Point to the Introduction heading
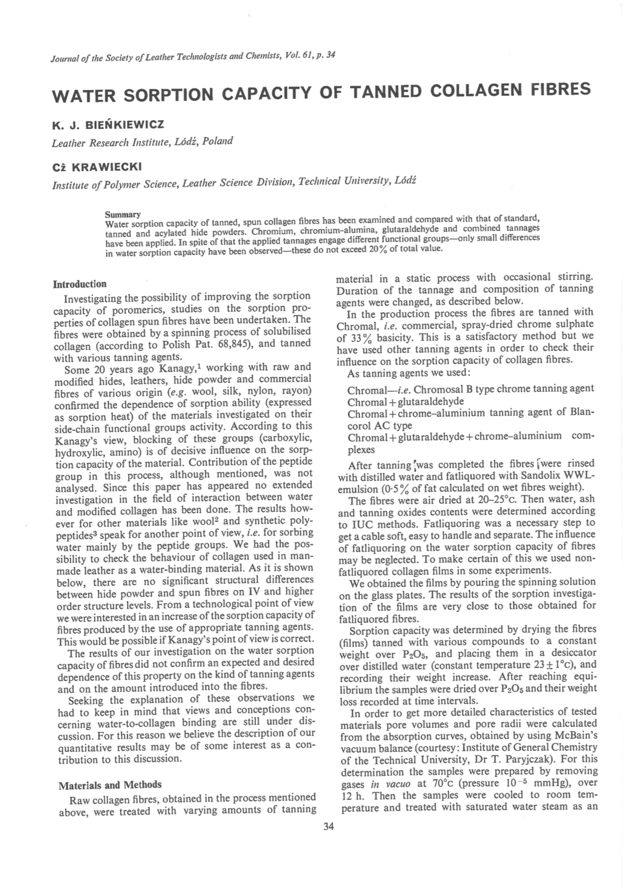[x=80, y=284]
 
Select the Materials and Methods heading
[x=110, y=785]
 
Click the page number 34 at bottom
[x=329, y=827]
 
